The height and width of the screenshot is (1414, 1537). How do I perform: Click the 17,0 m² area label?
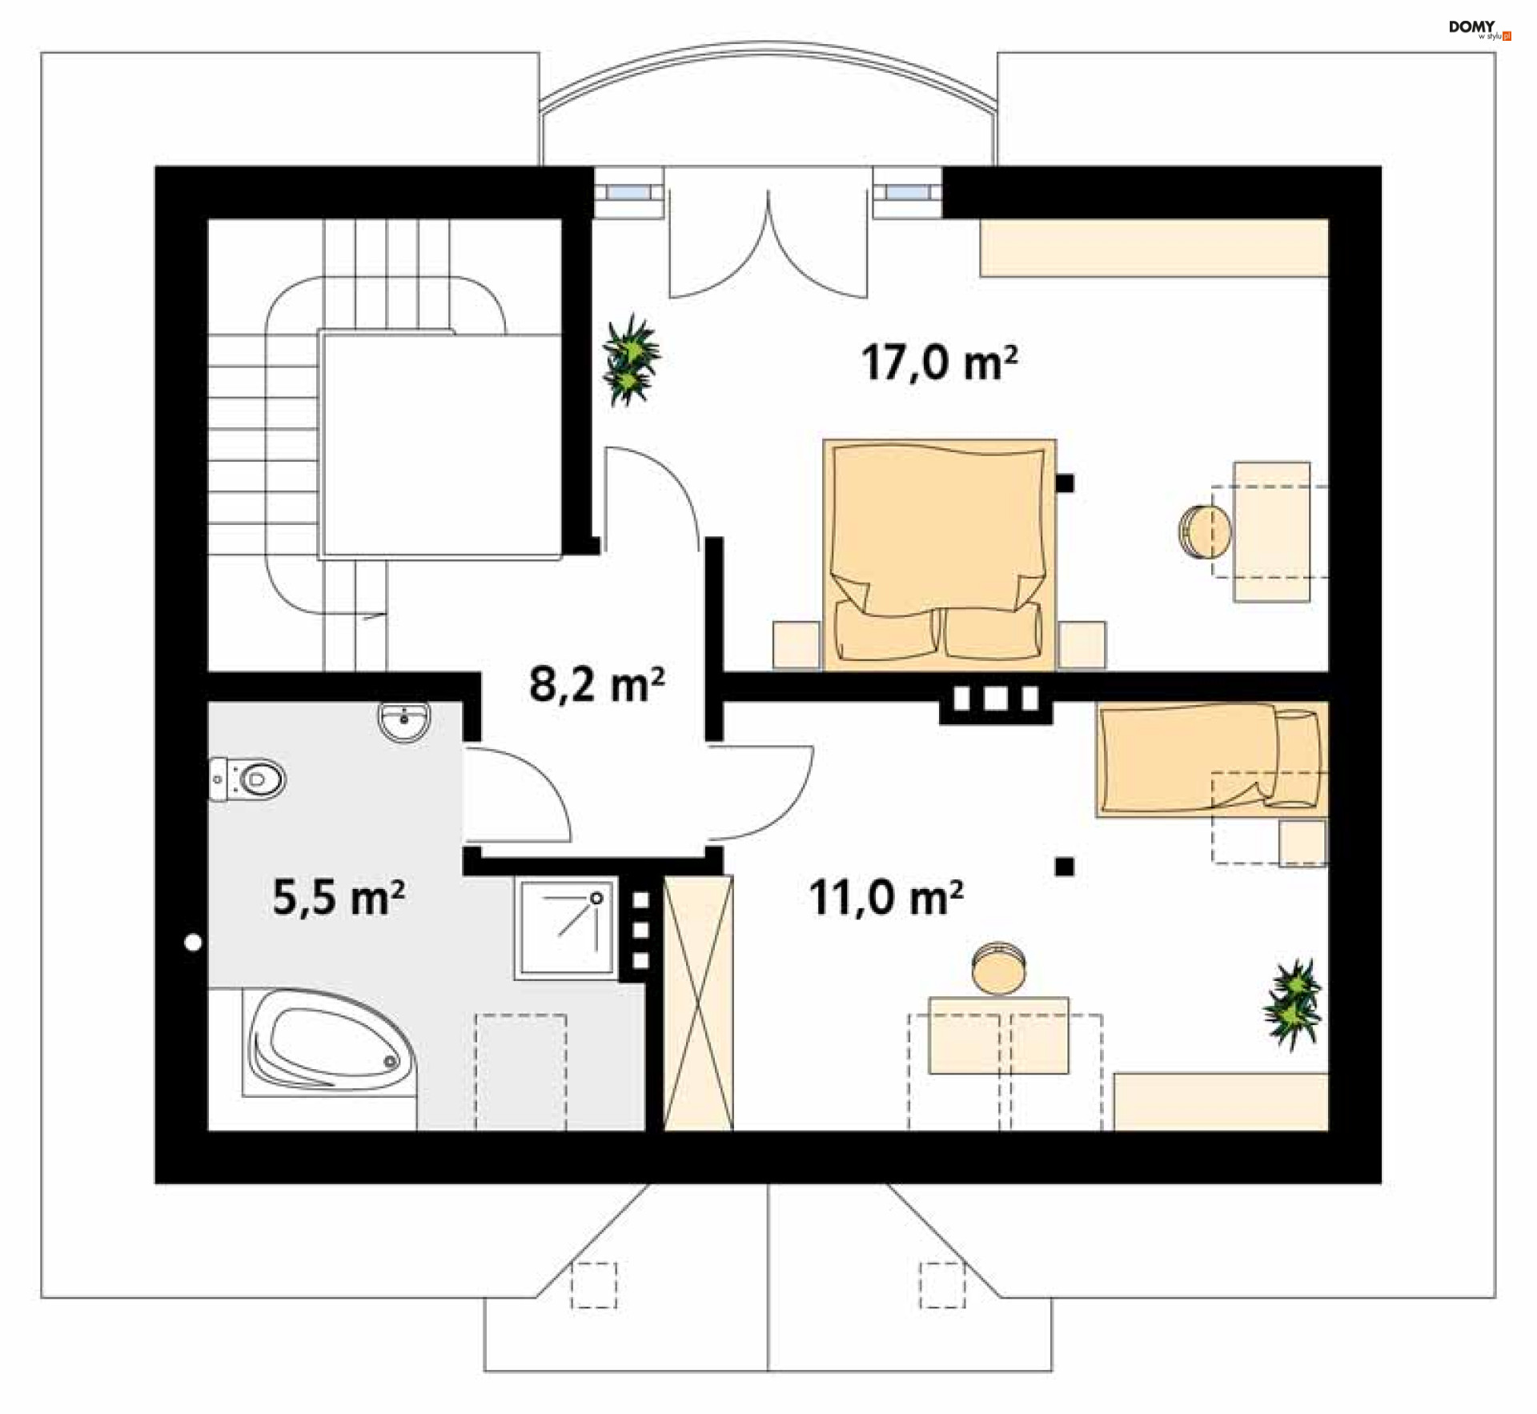[x=939, y=363]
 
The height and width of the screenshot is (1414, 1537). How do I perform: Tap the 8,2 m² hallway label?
[x=596, y=684]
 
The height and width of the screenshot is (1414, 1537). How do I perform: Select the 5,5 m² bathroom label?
[x=338, y=896]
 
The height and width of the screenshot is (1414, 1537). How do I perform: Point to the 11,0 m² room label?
[x=885, y=897]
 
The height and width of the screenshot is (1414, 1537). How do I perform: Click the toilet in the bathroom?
[x=247, y=779]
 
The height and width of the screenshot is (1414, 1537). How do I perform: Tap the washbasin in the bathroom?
[x=404, y=722]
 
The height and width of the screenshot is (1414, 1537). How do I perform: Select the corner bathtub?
[x=330, y=1042]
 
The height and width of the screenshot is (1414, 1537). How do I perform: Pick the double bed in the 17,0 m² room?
[x=939, y=554]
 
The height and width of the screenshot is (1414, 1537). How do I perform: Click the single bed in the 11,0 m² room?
[x=1212, y=759]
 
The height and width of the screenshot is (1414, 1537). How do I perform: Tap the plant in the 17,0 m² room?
[x=631, y=360]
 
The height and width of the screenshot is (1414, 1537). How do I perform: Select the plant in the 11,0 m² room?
[x=1292, y=1004]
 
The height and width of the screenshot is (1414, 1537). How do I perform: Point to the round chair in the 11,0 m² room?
[x=998, y=968]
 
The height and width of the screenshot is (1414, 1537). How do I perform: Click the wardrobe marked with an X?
[x=698, y=1003]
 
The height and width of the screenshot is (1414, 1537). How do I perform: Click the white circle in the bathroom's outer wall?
[x=193, y=943]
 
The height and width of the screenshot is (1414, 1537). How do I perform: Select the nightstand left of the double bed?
[x=797, y=645]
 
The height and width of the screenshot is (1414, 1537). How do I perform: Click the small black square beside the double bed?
[x=1065, y=483]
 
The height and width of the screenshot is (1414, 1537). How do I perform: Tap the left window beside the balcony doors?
[x=628, y=192]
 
